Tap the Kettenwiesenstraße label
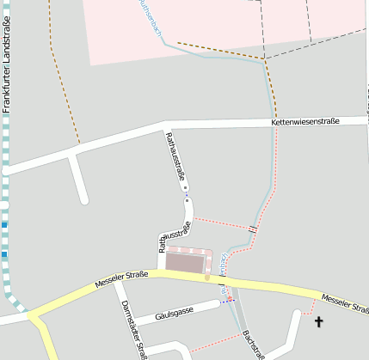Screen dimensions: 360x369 click(305, 122)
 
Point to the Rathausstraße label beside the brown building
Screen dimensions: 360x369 click(175, 237)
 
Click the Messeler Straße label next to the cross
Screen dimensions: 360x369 click(345, 303)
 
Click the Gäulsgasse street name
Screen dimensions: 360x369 click(176, 313)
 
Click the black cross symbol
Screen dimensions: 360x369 click(319, 322)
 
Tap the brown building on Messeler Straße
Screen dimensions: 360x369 click(188, 262)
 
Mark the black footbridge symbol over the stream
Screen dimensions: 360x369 click(253, 229)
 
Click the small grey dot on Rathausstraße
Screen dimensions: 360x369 click(185, 188)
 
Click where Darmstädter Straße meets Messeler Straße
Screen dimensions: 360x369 click(114, 281)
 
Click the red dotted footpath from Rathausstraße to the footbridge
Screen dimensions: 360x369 click(221, 223)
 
